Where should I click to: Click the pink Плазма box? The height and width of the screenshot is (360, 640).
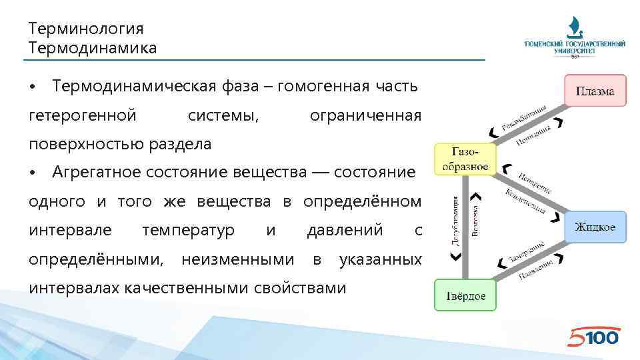pyautogui.click(x=595, y=91)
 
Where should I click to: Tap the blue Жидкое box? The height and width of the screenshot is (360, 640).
pyautogui.click(x=595, y=228)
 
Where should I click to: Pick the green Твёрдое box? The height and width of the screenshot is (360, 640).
pyautogui.click(x=466, y=296)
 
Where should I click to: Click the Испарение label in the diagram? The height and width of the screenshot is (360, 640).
pyautogui.click(x=535, y=182)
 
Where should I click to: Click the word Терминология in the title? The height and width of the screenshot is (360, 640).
pyautogui.click(x=87, y=29)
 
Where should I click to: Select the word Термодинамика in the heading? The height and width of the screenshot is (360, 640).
pyautogui.click(x=93, y=48)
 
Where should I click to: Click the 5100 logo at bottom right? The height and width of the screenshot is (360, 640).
pyautogui.click(x=593, y=337)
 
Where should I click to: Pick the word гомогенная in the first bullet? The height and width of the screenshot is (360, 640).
pyautogui.click(x=323, y=87)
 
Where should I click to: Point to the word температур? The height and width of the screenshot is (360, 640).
pyautogui.click(x=189, y=231)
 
